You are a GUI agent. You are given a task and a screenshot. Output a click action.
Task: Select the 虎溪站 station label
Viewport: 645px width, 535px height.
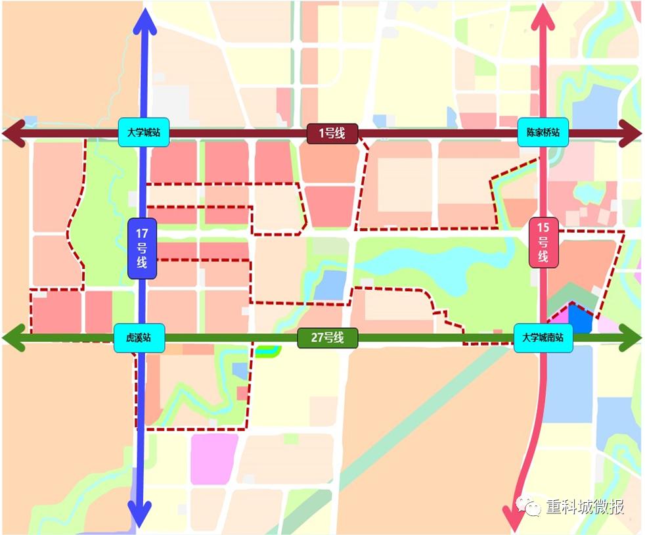[139, 338]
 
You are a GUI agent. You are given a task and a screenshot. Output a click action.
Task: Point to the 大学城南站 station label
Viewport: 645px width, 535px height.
[544, 338]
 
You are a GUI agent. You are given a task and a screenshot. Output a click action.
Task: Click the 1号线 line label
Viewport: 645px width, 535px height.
[332, 133]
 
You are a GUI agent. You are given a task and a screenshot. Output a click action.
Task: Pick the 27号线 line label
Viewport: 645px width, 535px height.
[327, 338]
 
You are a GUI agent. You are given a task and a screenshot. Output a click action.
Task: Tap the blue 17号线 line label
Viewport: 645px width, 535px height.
[143, 248]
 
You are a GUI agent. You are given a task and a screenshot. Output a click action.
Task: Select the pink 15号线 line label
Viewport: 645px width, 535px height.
[543, 243]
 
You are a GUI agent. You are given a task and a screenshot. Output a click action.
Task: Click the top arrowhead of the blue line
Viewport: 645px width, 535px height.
[145, 20]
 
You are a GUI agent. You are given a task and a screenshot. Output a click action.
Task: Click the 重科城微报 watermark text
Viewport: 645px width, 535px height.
[585, 507]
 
